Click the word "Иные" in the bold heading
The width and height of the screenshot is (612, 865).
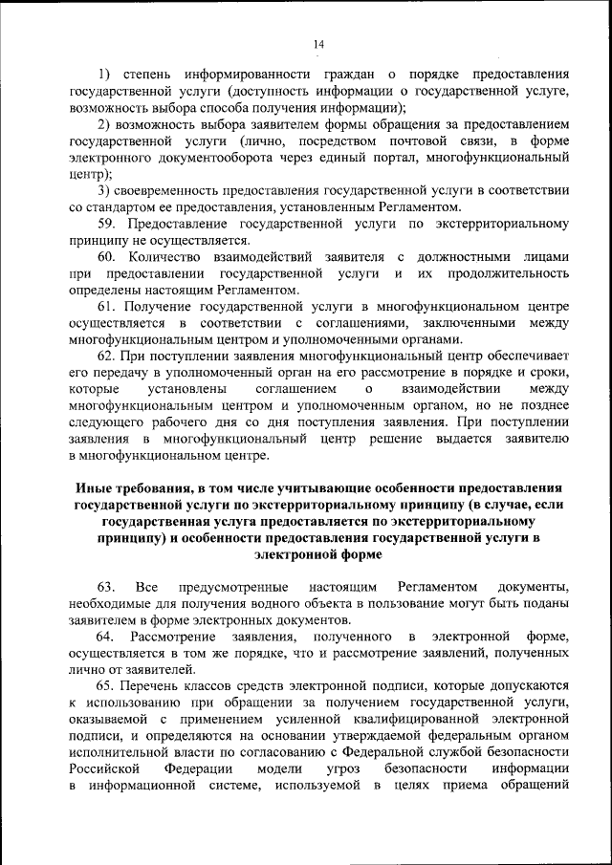pyautogui.click(x=93, y=488)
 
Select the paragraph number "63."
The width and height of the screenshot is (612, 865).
pyautogui.click(x=106, y=585)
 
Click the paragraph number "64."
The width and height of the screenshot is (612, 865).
pyautogui.click(x=106, y=636)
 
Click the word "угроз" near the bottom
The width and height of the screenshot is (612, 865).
pyautogui.click(x=343, y=769)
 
